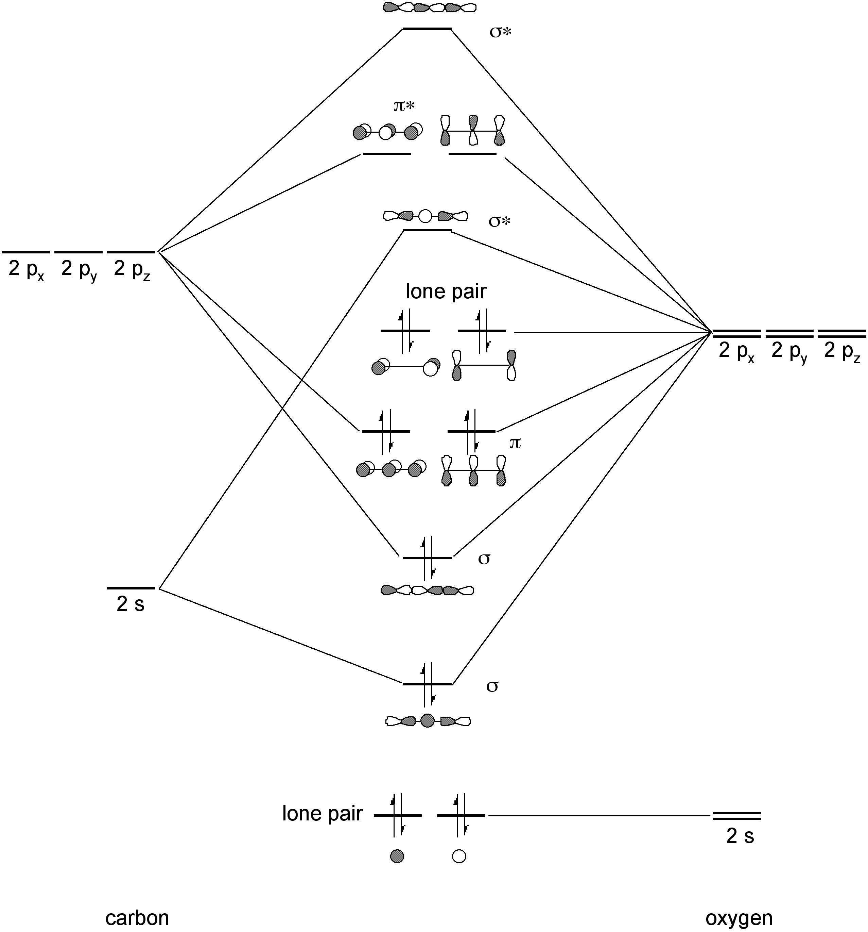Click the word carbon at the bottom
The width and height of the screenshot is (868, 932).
point(137,917)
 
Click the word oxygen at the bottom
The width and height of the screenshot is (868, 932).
point(739,917)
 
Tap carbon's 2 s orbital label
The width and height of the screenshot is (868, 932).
point(131,604)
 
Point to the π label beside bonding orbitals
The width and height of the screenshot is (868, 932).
point(515,443)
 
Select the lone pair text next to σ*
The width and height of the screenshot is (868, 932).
point(446,292)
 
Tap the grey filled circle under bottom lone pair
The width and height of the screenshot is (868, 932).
point(397,856)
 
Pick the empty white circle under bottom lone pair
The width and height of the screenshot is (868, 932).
point(459,856)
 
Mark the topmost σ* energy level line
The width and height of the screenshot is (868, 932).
point(427,29)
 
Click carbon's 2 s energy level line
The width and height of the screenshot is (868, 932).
point(131,588)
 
